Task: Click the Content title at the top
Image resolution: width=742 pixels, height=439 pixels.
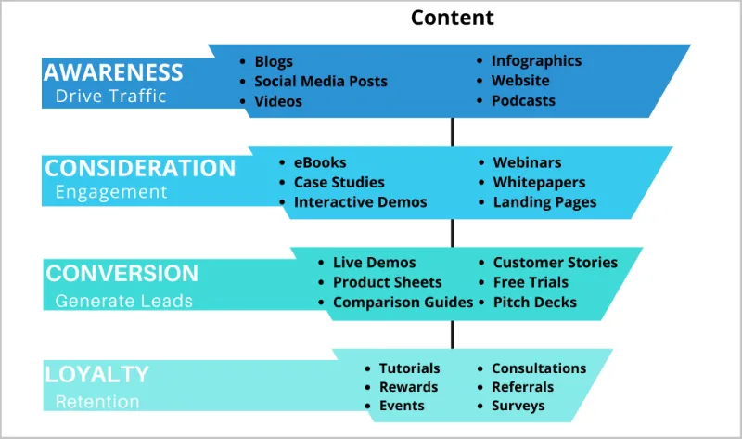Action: (453, 18)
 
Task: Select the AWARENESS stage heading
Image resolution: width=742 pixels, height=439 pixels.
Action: (113, 71)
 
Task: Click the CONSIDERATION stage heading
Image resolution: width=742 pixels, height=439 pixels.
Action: (140, 168)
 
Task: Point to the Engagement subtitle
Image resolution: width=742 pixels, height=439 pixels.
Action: (111, 192)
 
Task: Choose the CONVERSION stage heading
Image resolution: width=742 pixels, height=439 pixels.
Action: (122, 273)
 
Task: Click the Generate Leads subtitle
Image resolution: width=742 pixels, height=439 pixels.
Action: (123, 301)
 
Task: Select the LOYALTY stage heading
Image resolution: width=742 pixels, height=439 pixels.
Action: (96, 374)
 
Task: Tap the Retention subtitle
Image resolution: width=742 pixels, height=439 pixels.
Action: (96, 402)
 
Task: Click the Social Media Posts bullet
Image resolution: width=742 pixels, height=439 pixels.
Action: (321, 81)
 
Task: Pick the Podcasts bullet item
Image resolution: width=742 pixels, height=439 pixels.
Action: (523, 100)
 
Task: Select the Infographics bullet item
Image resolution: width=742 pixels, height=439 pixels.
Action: (536, 60)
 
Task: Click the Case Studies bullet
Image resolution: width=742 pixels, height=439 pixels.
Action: (339, 182)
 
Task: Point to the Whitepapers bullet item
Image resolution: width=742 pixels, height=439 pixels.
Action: (540, 182)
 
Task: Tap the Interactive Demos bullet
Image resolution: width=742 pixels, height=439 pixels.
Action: (360, 201)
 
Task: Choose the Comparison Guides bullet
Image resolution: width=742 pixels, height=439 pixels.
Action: (403, 302)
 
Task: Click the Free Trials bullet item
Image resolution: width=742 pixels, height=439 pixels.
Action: (531, 282)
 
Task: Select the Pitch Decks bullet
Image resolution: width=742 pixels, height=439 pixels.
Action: (534, 302)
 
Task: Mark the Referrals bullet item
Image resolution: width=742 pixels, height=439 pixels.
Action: (522, 386)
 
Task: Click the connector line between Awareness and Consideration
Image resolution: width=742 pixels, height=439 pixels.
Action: (453, 131)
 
